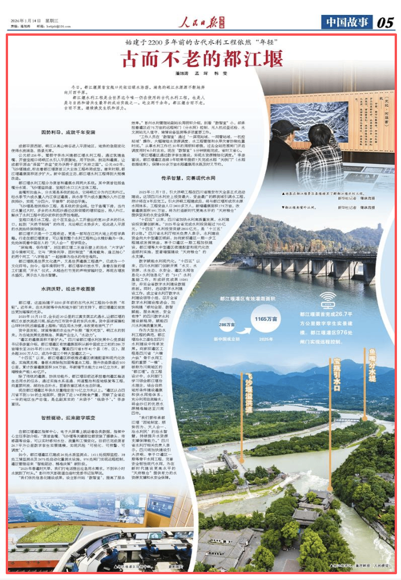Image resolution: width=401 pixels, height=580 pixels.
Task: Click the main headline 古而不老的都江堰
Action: (x=200, y=59)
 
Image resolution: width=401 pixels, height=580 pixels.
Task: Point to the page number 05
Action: (x=385, y=22)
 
